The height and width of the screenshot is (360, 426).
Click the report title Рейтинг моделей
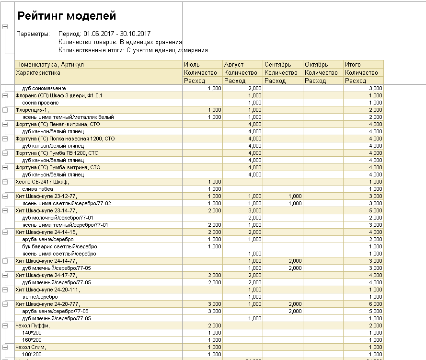67,16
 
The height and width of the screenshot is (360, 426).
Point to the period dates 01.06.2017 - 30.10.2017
117,34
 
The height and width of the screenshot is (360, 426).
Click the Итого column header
353,64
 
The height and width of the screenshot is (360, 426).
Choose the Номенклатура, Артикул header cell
50,64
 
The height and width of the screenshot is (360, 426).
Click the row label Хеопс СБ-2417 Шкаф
42,182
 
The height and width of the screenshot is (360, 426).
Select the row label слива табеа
38,189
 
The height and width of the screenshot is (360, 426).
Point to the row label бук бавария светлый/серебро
59,246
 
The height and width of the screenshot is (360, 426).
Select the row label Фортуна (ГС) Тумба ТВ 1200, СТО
57,153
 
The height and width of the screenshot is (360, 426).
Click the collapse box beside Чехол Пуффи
5,325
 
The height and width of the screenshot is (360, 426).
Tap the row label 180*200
32,354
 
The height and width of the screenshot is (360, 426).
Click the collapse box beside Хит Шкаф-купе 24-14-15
5,232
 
